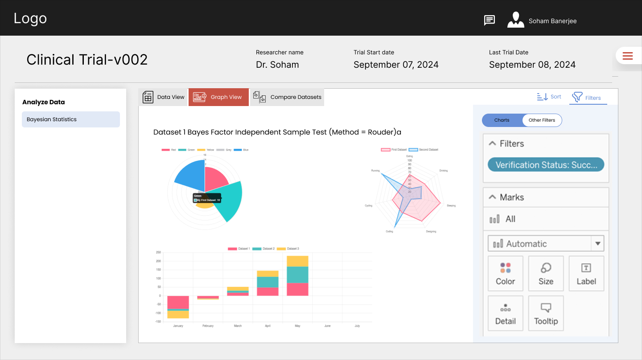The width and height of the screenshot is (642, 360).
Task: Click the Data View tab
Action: [163, 97]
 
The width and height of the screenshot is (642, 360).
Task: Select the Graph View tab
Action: [218, 97]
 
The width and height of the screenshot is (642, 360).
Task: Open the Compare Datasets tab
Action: [287, 97]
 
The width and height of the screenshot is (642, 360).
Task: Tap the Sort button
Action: [549, 97]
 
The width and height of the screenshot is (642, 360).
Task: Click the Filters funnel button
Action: [588, 97]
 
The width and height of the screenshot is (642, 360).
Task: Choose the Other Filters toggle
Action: [542, 120]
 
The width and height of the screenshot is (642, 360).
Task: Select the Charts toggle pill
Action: [502, 120]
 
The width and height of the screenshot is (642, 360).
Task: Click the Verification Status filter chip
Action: [546, 165]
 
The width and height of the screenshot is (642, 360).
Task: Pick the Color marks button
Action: [505, 274]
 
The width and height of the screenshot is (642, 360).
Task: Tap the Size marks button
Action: [546, 274]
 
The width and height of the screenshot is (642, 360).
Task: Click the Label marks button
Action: [586, 274]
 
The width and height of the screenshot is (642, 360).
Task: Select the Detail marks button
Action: [505, 314]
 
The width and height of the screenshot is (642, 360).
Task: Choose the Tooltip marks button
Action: [546, 314]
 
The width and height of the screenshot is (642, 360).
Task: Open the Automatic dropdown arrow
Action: [597, 244]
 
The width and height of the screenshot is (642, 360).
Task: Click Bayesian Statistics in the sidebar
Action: [70, 119]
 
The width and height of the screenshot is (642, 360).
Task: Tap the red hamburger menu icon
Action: [628, 56]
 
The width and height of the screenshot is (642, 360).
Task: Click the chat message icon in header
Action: [490, 20]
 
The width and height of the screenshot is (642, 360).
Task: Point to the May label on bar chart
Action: [297, 326]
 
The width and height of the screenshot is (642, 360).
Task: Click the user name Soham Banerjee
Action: [552, 21]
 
